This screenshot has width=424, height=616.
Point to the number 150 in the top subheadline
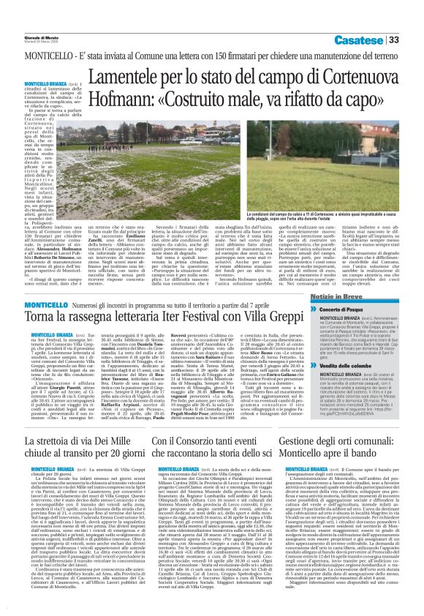point(213,56)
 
